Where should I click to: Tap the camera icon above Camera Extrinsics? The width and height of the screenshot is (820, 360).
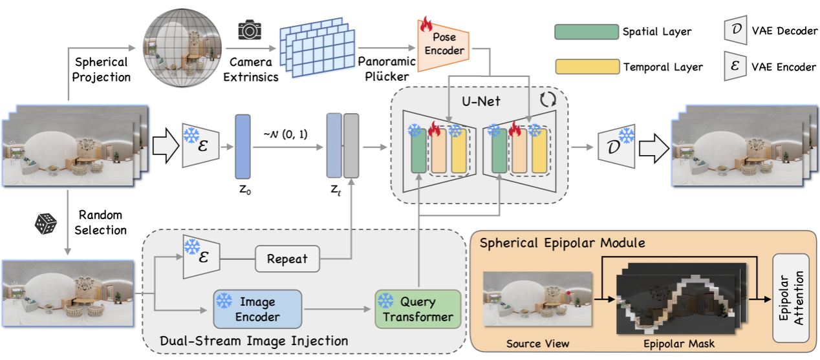click(248, 30)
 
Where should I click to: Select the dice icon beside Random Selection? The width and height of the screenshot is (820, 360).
click(46, 223)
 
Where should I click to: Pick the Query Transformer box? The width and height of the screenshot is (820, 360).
click(418, 309)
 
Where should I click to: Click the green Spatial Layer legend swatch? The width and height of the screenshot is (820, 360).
click(587, 30)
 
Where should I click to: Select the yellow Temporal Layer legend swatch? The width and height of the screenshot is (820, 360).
click(587, 66)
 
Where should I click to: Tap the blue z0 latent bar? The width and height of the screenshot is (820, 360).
click(243, 146)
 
